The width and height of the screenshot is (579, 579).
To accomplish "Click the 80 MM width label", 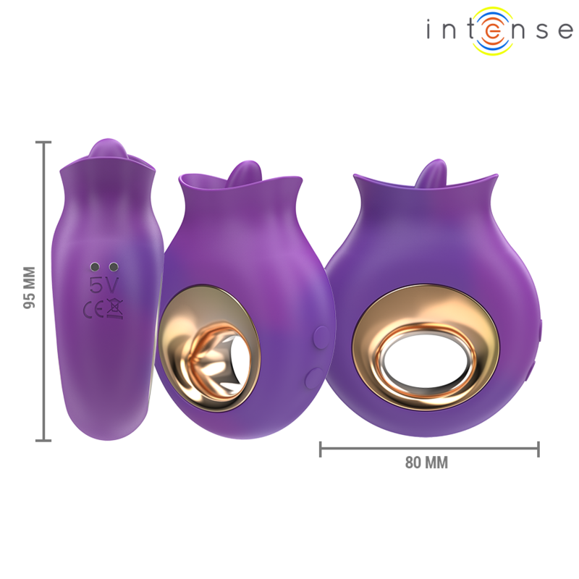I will point(426,463).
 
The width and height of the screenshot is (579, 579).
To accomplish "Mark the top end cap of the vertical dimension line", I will point(45,143).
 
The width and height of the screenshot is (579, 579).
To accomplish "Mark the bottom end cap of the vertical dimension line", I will point(45,439).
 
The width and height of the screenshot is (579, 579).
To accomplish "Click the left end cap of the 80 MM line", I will point(321,449).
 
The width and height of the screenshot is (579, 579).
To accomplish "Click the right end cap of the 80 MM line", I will point(538,449).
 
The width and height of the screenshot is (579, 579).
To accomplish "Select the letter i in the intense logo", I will point(431,31).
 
